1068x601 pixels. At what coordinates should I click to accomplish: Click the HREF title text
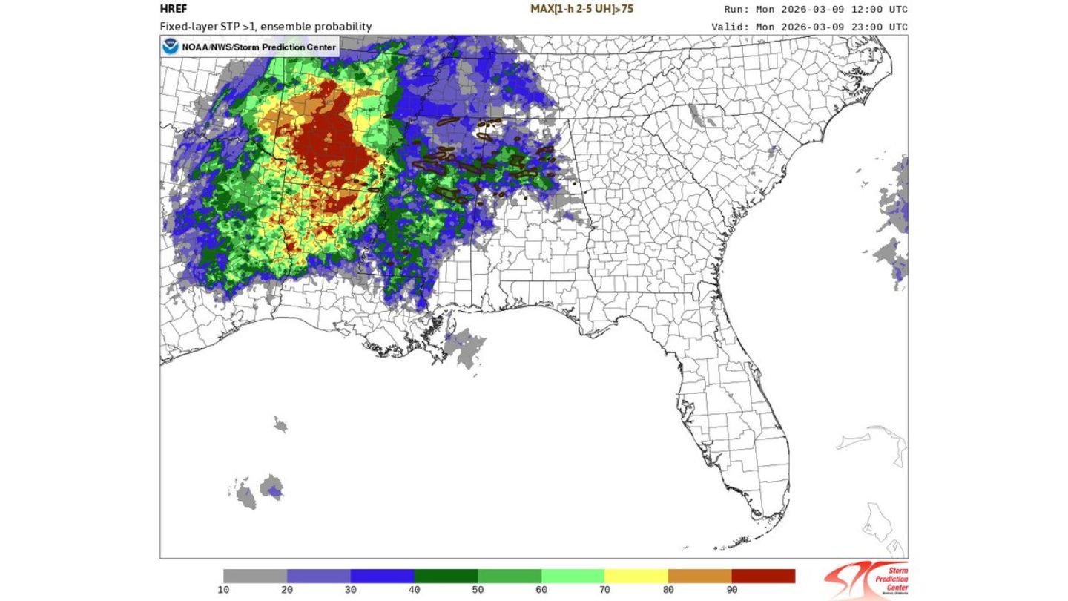click(174, 10)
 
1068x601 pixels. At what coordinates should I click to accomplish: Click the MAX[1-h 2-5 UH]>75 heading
click(581, 10)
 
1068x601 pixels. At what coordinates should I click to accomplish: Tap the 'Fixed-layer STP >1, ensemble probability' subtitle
click(266, 27)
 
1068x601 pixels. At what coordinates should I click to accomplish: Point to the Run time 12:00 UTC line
click(815, 10)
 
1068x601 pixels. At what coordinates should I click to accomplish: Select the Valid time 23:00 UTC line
click(808, 27)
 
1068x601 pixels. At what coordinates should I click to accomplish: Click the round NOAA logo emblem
click(171, 47)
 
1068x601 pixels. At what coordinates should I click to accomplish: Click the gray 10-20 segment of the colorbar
click(255, 576)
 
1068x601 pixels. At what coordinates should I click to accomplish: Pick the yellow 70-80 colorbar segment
click(636, 576)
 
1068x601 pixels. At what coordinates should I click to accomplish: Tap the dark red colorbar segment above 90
click(763, 576)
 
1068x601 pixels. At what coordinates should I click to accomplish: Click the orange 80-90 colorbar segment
click(699, 576)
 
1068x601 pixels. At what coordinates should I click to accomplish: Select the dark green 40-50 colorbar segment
click(446, 576)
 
